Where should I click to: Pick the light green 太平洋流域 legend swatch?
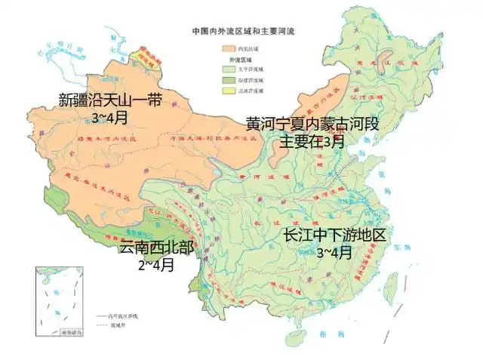(229, 68)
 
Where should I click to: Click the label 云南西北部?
(156, 249)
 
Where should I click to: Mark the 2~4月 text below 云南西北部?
(156, 265)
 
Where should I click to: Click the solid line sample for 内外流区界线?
(106, 313)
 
